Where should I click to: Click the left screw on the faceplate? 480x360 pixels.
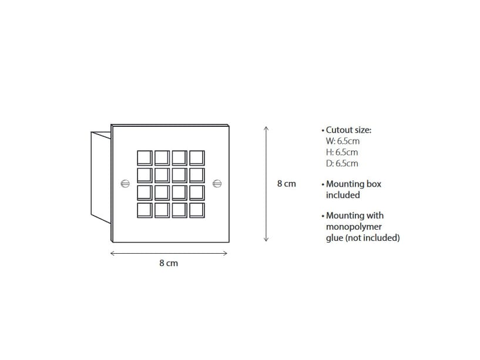click(125, 184)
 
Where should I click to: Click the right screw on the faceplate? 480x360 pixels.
click(217, 184)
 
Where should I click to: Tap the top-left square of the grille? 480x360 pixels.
click(145, 158)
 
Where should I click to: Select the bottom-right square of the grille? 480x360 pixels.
click(197, 210)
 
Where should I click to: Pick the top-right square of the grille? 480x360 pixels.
click(197, 158)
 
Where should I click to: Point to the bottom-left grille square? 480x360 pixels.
click(145, 210)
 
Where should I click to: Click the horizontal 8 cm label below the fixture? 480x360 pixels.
click(169, 263)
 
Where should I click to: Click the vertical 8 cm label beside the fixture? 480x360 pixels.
click(287, 184)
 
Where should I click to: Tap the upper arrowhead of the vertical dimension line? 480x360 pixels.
click(266, 128)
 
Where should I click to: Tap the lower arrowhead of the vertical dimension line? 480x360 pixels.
click(266, 240)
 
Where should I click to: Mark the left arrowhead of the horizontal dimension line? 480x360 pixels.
click(112, 253)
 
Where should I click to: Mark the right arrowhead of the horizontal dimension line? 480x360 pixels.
click(225, 253)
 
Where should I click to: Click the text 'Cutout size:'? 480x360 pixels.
click(348, 130)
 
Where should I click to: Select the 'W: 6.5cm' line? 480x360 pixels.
click(343, 141)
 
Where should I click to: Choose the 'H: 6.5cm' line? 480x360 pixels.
click(342, 152)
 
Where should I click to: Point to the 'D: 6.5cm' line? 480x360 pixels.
click(342, 163)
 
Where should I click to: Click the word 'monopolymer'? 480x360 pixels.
click(354, 227)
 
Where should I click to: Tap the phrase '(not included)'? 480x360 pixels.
click(372, 238)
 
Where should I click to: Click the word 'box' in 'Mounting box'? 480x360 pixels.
click(374, 184)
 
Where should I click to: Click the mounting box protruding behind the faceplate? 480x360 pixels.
click(100, 177)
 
